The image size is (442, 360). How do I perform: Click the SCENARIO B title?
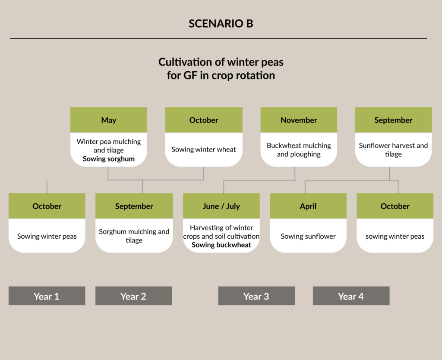pyautogui.click(x=221, y=24)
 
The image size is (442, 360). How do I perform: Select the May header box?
pyautogui.click(x=109, y=120)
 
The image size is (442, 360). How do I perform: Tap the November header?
pyautogui.click(x=299, y=120)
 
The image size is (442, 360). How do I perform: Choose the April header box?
pyautogui.click(x=308, y=206)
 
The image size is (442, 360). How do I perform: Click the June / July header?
pyautogui.click(x=221, y=206)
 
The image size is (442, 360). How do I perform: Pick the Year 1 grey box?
pyautogui.click(x=47, y=296)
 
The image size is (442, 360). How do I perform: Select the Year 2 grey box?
pyautogui.click(x=134, y=296)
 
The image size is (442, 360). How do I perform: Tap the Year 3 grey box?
pyautogui.click(x=256, y=296)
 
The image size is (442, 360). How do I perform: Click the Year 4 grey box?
pyautogui.click(x=351, y=296)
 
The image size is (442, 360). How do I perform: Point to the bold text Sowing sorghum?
pyautogui.click(x=108, y=159)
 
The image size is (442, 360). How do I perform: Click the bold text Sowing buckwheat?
pyautogui.click(x=221, y=245)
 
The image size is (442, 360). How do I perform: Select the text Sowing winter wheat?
pyautogui.click(x=204, y=149)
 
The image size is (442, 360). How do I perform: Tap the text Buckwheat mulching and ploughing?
pyautogui.click(x=299, y=150)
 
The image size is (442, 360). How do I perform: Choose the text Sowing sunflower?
pyautogui.click(x=308, y=236)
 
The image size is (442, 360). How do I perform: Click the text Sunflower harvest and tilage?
pyautogui.click(x=393, y=150)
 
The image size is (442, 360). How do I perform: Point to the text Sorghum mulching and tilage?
pyautogui.click(x=134, y=236)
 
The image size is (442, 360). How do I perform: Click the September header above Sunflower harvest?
pyautogui.click(x=393, y=120)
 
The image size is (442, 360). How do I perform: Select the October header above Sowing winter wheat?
pyautogui.click(x=204, y=120)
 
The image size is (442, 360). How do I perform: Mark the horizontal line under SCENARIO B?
pyautogui.click(x=218, y=38)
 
